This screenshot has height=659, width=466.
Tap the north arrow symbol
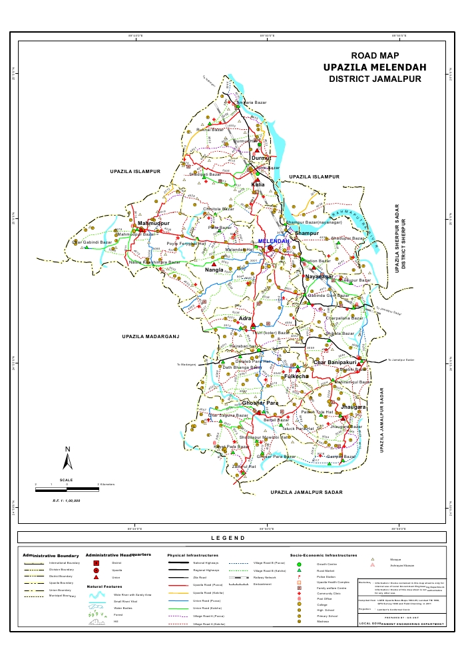(67, 459)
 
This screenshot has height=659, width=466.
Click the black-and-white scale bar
(67, 489)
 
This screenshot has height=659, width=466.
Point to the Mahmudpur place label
(154, 222)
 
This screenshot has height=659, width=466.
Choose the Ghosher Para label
(260, 403)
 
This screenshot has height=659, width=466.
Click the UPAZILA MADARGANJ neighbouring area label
(152, 337)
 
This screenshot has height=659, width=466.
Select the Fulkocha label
(296, 376)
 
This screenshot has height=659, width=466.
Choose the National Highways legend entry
(206, 563)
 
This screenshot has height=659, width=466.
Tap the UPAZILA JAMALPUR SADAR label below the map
(306, 491)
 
